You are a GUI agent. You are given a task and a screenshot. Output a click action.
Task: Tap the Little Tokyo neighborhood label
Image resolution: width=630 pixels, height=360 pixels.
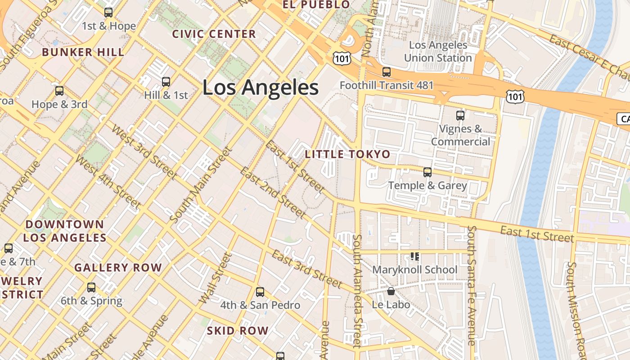coord(347,154)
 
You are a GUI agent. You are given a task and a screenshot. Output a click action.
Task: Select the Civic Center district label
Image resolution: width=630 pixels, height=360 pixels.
coord(214,34)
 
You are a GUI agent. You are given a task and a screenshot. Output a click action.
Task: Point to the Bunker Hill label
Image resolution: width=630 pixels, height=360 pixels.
coord(83,52)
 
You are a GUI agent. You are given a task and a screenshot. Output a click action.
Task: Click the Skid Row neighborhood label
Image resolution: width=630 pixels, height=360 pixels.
coord(238,331)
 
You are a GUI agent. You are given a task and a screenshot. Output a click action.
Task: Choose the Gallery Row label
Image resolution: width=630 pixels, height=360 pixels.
coord(118,268)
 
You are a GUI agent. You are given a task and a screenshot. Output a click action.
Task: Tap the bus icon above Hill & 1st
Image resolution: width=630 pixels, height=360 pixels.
coord(166,82)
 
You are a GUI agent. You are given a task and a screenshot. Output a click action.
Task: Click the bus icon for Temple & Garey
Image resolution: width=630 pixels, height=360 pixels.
coord(427,172)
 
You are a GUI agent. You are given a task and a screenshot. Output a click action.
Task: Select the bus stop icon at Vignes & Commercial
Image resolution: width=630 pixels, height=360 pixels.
coord(460,116)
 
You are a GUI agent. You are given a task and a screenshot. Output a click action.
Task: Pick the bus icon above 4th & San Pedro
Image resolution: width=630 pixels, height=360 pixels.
coord(260,292)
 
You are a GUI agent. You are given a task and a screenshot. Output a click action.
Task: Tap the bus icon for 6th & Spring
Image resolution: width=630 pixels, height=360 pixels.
coord(91,288)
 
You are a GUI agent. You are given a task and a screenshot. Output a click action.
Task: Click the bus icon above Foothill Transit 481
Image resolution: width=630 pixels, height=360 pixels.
coord(386,72)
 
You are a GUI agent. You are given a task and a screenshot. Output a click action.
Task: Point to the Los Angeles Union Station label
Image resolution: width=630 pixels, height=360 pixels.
coord(438,51)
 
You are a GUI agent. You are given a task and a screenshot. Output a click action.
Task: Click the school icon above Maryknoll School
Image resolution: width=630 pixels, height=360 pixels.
coord(414,256)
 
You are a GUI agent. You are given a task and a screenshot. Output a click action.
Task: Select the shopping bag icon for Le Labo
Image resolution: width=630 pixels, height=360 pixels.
coord(391,291)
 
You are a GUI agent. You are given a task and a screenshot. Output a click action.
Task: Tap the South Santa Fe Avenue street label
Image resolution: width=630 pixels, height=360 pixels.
coord(472,285)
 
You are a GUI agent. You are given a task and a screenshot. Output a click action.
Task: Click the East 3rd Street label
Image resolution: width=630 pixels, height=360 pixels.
coord(307,269)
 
